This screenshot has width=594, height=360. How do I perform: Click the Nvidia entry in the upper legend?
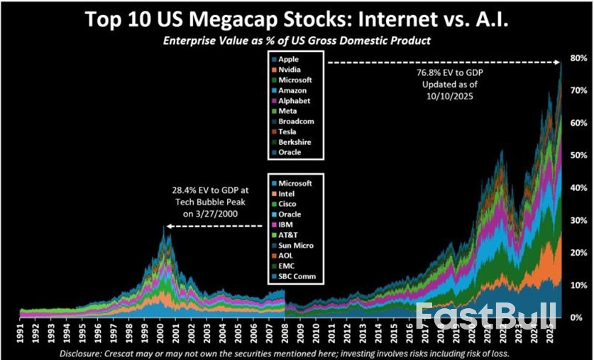pyautogui.click(x=289, y=70)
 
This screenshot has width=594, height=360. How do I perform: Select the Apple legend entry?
pyautogui.click(x=287, y=59)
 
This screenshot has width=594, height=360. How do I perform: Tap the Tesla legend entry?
pyautogui.click(x=287, y=131)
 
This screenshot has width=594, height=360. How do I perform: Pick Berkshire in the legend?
pyautogui.click(x=292, y=142)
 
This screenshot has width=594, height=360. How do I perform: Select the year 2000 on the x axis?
pyautogui.click(x=164, y=332)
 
